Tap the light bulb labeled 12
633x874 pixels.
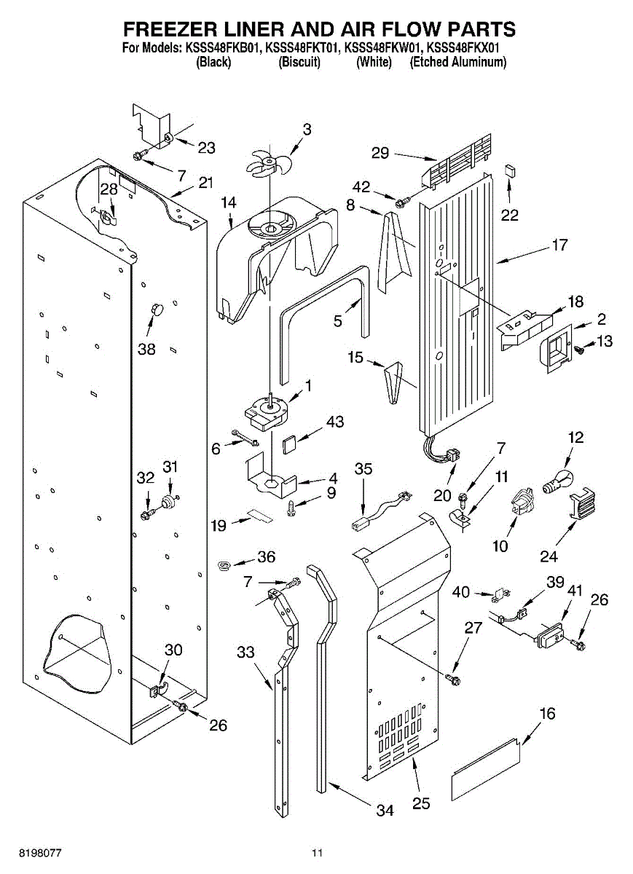coord(557,483)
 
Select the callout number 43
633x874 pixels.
coord(335,422)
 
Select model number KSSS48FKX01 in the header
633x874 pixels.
coord(463,48)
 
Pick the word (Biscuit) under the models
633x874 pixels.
coord(299,63)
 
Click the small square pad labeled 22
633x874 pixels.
coord(509,170)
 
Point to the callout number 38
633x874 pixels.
coord(146,349)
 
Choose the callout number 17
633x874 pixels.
coord(559,245)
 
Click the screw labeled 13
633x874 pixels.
coord(580,349)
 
